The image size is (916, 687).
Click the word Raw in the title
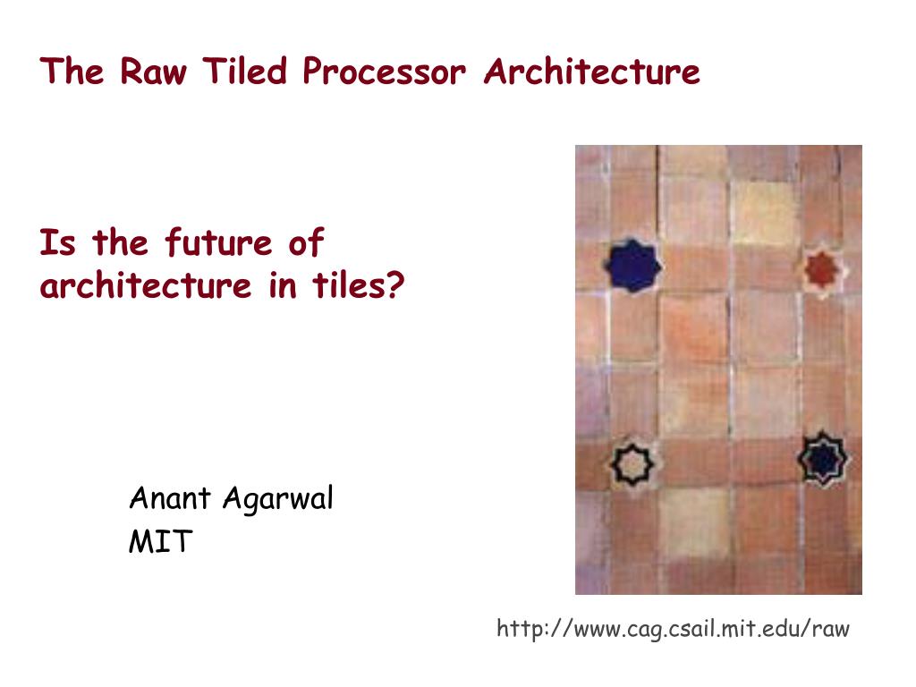pos(154,72)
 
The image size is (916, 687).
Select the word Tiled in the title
pos(245,71)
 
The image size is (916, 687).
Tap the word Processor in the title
pos(385,72)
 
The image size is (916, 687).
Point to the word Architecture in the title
pos(592,72)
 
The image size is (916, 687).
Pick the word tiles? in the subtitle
pos(359,284)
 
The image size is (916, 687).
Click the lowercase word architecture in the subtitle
pos(146,285)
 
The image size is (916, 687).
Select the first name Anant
pos(169,498)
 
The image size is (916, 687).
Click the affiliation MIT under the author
pos(161,541)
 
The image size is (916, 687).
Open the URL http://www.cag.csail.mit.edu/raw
pos(673,629)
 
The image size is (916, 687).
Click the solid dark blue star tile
pos(632,265)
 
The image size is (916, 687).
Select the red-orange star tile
pos(823,270)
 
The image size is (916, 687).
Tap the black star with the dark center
pos(823,459)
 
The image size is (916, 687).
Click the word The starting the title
pos(72,72)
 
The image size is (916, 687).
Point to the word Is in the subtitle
pos(57,242)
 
